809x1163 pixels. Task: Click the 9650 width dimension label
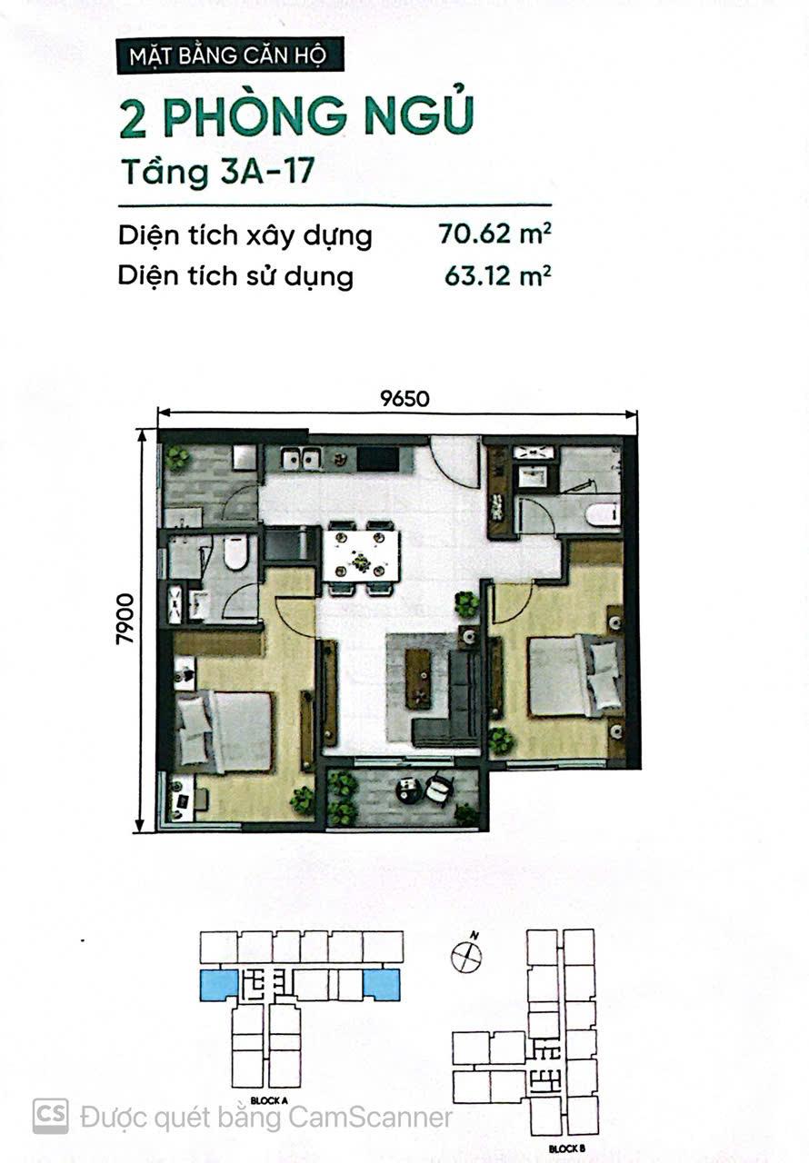pos(404,398)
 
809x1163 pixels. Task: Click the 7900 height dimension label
pos(125,620)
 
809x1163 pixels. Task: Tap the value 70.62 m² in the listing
pos(494,234)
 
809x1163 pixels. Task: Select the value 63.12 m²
pos(497,275)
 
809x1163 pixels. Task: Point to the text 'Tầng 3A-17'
pos(217,172)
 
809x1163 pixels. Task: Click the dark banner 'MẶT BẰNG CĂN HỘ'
pos(230,55)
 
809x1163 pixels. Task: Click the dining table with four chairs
pos(361,557)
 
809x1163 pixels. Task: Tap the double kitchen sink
pos(301,459)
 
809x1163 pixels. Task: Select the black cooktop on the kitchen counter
pos(378,458)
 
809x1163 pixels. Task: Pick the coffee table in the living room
pos(418,679)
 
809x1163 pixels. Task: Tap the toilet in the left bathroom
pos(236,552)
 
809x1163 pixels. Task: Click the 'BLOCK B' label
pos(566,1149)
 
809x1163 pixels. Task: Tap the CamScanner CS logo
pos(50,1117)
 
